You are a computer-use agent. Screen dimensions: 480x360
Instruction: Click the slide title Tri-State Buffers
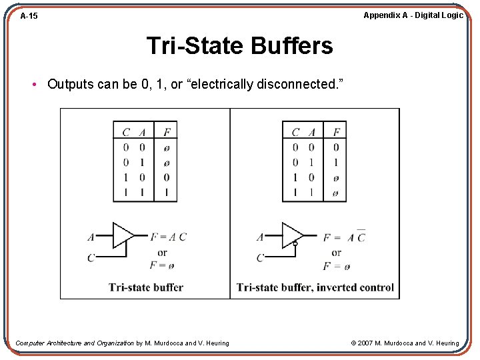239,46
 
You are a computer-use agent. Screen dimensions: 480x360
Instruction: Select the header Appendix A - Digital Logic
413,15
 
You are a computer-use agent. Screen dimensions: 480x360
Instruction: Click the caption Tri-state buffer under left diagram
146,287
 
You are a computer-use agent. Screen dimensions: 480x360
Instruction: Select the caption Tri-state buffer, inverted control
315,287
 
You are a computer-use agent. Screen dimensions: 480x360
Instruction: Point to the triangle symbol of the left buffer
123,235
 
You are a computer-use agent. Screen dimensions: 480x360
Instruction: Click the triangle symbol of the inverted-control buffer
292,235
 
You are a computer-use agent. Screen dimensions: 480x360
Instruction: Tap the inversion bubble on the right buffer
295,245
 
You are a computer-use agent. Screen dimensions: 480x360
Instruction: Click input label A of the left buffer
91,237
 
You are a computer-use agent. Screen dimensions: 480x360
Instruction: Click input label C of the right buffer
260,258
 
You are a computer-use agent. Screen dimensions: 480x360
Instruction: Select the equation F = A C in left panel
168,237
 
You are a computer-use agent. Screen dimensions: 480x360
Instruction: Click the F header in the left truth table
166,132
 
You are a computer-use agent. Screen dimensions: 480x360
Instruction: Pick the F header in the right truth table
335,132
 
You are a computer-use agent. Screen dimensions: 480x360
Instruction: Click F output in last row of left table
166,193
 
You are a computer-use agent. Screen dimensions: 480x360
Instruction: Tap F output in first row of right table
335,147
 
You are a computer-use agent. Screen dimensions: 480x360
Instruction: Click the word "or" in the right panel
336,253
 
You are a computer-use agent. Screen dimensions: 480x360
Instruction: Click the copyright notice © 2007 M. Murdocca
405,343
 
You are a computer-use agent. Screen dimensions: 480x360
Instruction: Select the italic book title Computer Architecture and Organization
75,343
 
